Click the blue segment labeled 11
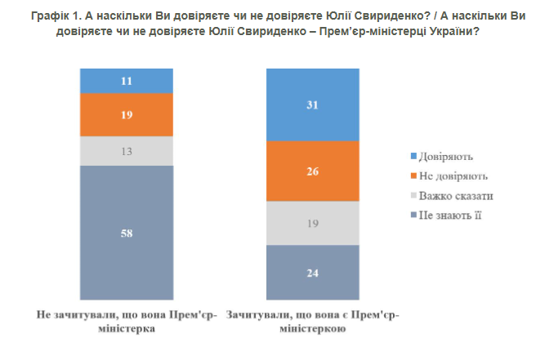(x=126, y=81)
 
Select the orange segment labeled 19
(x=126, y=115)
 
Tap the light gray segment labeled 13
(x=126, y=151)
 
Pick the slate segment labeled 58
(x=126, y=233)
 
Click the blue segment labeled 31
(x=313, y=104)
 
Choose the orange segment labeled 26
(x=313, y=171)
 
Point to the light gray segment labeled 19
(x=313, y=223)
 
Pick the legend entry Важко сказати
(x=456, y=196)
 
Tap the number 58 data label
(x=126, y=233)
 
